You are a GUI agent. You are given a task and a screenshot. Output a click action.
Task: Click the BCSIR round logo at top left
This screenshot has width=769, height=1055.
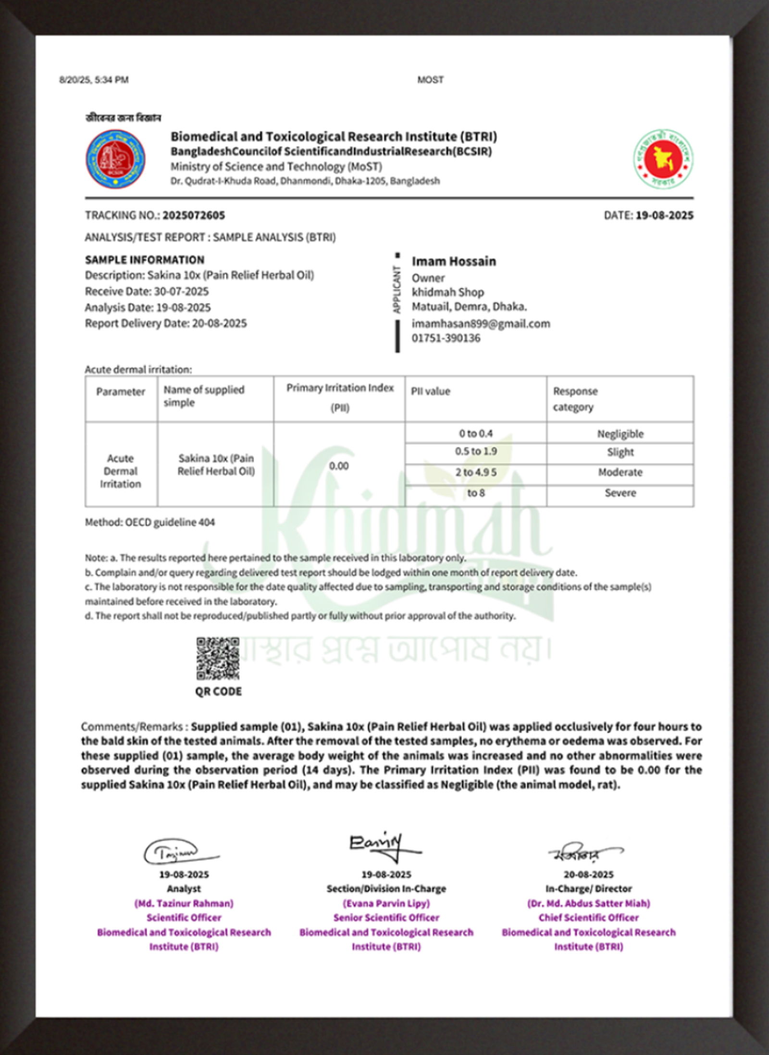(x=115, y=159)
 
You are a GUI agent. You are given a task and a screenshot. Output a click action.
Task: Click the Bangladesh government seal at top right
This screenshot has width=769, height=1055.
(x=663, y=159)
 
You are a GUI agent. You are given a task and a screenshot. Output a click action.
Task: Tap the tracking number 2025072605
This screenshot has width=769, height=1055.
(x=193, y=215)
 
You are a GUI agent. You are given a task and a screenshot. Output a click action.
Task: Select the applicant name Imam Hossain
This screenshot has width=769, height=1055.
(x=454, y=262)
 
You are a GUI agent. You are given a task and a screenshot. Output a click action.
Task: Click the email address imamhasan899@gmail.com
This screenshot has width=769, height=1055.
(x=481, y=324)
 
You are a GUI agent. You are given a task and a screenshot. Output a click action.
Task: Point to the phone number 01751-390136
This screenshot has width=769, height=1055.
(x=446, y=338)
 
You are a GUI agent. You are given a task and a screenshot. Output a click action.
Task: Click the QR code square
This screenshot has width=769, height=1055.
(x=218, y=658)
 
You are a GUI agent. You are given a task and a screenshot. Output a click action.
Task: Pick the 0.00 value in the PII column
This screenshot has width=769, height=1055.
(x=339, y=466)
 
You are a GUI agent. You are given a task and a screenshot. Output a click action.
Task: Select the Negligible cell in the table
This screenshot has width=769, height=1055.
(x=620, y=434)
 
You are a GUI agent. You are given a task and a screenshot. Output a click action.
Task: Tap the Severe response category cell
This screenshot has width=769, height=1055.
(x=620, y=493)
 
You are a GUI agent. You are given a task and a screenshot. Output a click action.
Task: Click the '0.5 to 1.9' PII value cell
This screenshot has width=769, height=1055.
(x=476, y=452)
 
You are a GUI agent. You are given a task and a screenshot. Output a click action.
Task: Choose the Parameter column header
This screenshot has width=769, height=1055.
(x=121, y=392)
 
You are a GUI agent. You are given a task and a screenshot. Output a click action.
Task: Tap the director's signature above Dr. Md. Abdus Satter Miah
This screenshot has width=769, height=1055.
(x=584, y=853)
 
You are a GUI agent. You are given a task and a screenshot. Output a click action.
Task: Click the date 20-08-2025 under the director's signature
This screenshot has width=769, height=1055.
(x=589, y=875)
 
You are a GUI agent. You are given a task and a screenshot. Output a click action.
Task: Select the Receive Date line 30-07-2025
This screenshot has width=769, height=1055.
(x=147, y=291)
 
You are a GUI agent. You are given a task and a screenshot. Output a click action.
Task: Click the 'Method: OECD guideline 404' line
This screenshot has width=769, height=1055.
(x=150, y=522)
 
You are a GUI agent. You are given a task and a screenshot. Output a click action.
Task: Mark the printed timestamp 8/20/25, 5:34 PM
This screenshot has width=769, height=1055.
(x=94, y=80)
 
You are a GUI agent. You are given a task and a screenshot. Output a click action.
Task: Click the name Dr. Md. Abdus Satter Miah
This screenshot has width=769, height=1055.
(x=589, y=904)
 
